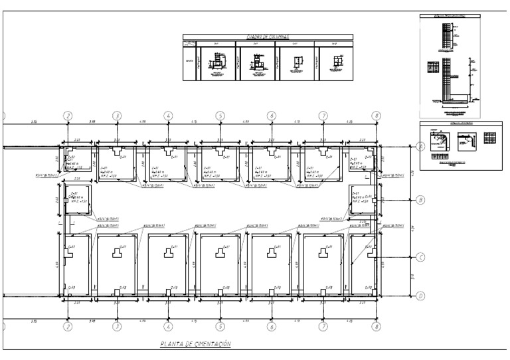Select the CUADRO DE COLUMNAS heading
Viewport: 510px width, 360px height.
click(x=268, y=38)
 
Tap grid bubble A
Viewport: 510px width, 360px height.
click(x=420, y=147)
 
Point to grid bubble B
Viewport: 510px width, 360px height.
click(x=420, y=199)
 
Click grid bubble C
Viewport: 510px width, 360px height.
click(x=420, y=258)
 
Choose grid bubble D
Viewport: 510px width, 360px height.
click(x=420, y=296)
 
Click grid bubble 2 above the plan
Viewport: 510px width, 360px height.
click(x=67, y=116)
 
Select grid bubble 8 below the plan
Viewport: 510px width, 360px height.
click(x=376, y=327)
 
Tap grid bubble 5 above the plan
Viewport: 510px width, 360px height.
click(x=220, y=116)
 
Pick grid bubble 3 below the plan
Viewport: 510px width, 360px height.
click(x=117, y=327)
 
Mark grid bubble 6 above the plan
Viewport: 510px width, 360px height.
click(x=271, y=116)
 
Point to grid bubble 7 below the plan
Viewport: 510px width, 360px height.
click(x=323, y=327)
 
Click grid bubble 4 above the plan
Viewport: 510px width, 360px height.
click(x=169, y=116)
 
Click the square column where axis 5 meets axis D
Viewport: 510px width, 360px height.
click(x=220, y=292)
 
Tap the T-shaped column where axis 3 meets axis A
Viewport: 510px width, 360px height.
click(x=117, y=152)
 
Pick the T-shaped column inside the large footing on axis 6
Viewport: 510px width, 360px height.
click(x=271, y=253)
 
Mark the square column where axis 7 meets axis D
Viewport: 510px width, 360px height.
click(x=323, y=292)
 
